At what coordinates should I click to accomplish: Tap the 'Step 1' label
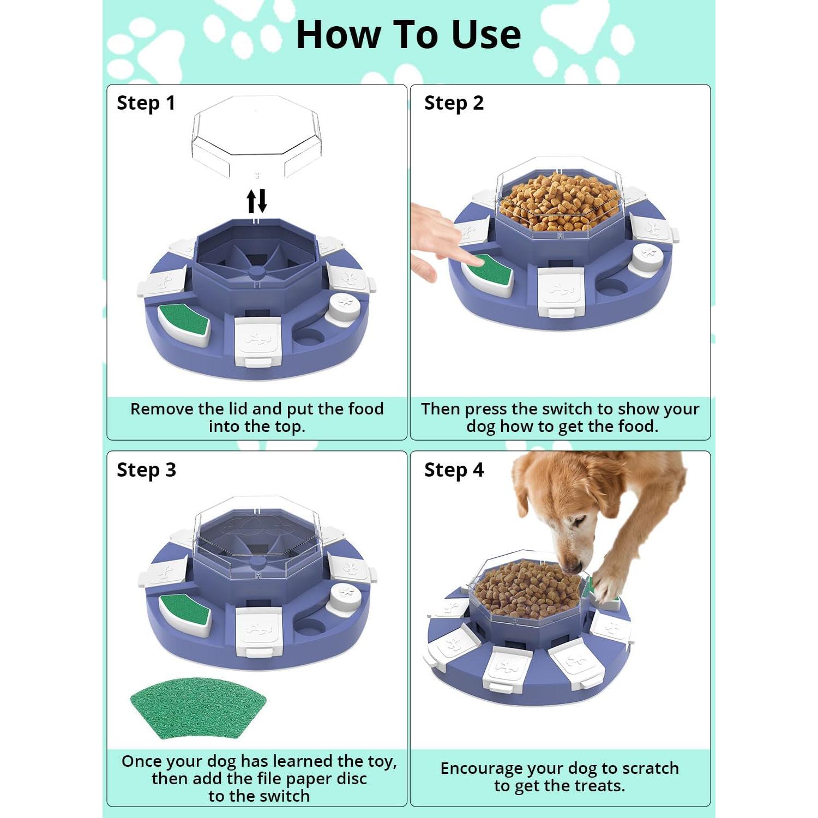[146, 103]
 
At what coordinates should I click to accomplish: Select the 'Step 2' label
[454, 103]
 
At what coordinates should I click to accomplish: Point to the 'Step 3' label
[146, 470]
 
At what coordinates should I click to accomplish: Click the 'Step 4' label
[454, 470]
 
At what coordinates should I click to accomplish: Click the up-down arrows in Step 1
[257, 201]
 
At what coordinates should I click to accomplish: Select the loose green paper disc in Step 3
[198, 707]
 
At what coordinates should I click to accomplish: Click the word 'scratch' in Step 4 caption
[650, 768]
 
